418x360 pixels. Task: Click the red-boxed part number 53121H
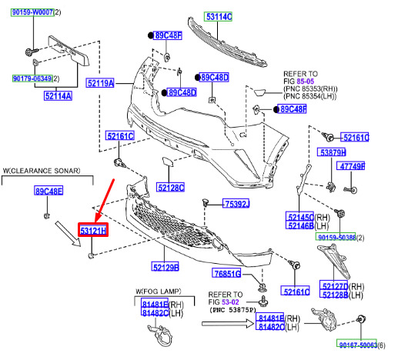click(x=93, y=230)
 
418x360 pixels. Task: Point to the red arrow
click(x=105, y=201)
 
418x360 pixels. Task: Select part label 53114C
click(x=219, y=17)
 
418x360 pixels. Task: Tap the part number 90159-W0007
click(x=32, y=12)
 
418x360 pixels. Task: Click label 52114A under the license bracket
click(x=58, y=95)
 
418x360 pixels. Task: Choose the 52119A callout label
click(x=101, y=83)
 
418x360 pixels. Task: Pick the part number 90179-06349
click(x=32, y=78)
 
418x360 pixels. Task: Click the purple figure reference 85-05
click(x=306, y=82)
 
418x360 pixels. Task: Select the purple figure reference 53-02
click(x=230, y=302)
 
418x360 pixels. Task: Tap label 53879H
click(x=332, y=152)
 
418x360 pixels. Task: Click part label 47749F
click(x=351, y=166)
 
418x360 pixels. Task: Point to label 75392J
click(x=236, y=204)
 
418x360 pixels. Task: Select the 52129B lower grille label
click(x=166, y=266)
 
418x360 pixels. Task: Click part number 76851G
click(x=226, y=273)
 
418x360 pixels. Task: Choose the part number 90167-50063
click(x=357, y=345)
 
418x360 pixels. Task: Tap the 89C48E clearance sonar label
click(x=48, y=191)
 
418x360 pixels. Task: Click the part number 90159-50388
click(x=336, y=237)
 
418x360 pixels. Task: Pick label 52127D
click(x=334, y=285)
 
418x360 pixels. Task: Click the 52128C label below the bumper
click(x=170, y=188)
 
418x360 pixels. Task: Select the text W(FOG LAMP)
click(x=159, y=292)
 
